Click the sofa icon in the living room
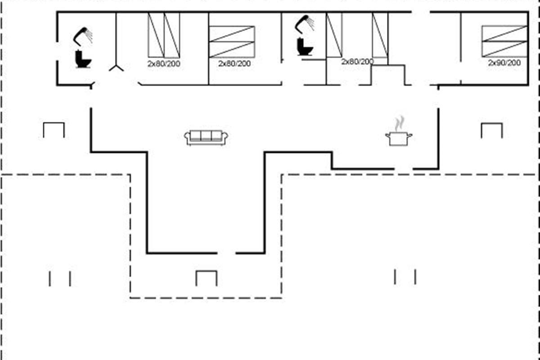pos(206,137)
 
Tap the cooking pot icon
pos(399,138)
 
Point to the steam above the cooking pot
pos(399,123)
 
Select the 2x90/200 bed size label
pos(504,63)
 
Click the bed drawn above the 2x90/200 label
pos(504,41)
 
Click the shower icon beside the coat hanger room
pos(83,36)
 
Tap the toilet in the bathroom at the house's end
pos(83,59)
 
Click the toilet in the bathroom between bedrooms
pos(305,47)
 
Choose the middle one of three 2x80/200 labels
pos(234,64)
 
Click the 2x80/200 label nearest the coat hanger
pos(164,64)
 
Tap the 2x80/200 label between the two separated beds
pos(357,62)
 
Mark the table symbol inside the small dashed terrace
pos(206,278)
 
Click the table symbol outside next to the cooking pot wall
pos(491,130)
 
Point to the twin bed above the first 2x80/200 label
pos(164,35)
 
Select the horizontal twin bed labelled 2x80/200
pos(232,42)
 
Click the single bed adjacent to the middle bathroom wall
pos(334,35)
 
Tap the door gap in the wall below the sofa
pos(227,253)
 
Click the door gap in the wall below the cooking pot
pos(404,169)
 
